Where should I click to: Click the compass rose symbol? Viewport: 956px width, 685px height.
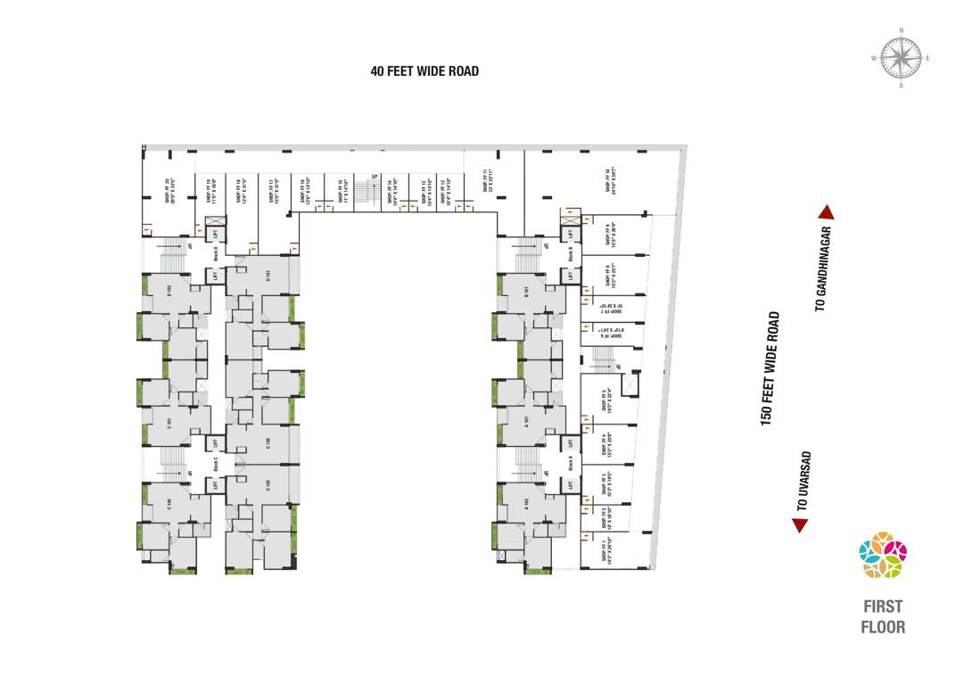[x=901, y=58]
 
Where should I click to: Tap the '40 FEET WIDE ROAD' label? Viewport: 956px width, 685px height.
[x=424, y=71]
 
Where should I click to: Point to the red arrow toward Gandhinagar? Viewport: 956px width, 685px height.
[x=826, y=212]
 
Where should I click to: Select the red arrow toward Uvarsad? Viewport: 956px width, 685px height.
[x=800, y=525]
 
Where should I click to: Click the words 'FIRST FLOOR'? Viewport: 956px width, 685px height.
[x=883, y=616]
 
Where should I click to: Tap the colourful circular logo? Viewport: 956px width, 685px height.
[x=882, y=556]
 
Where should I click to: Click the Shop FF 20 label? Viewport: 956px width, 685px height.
[x=169, y=192]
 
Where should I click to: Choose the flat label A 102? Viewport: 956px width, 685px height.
[x=527, y=501]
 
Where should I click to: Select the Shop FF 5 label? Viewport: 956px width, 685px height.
[x=606, y=400]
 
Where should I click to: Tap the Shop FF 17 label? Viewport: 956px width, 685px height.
[x=271, y=192]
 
